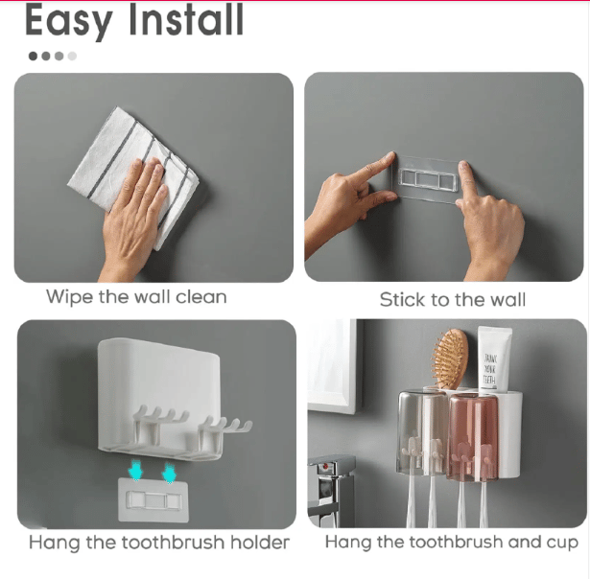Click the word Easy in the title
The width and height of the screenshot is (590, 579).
69,21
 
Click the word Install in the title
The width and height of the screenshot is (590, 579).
186,19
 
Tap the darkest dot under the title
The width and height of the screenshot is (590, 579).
34,56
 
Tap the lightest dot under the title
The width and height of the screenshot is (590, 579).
72,56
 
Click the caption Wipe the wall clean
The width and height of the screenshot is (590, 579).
136,297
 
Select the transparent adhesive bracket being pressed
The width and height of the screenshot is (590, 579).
427,178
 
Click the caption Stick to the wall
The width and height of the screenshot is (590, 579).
452,300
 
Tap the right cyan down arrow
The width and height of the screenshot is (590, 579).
169,473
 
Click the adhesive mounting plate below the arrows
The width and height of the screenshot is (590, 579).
153,500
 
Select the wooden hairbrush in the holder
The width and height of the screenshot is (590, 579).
450,359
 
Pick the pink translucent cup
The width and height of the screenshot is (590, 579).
473,437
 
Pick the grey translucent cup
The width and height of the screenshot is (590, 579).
423,432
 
